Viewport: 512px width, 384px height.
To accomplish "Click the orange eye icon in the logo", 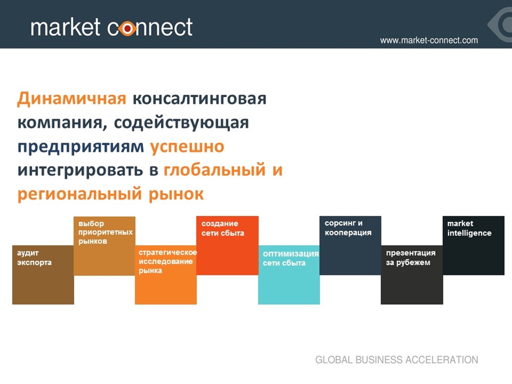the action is (127, 28).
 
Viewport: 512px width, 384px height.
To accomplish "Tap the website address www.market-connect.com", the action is (428, 40).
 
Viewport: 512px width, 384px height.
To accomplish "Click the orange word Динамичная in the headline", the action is (71, 98).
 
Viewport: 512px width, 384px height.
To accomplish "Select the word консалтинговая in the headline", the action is (199, 99).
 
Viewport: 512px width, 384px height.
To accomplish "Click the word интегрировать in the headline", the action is (80, 170).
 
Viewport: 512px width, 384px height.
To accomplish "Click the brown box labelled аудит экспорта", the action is (43, 275).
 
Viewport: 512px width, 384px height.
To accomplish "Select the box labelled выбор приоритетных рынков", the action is (104, 245).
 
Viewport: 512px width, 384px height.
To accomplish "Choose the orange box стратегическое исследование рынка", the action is (166, 275).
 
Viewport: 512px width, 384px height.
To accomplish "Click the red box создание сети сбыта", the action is (227, 245).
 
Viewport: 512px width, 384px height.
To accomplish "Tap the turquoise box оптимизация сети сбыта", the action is (289, 275).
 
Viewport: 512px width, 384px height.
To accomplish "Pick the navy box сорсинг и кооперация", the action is (350, 245).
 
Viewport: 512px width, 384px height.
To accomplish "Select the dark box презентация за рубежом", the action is (412, 275).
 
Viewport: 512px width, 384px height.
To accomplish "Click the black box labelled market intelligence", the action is (473, 245).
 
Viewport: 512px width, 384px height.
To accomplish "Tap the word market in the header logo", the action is (65, 27).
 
